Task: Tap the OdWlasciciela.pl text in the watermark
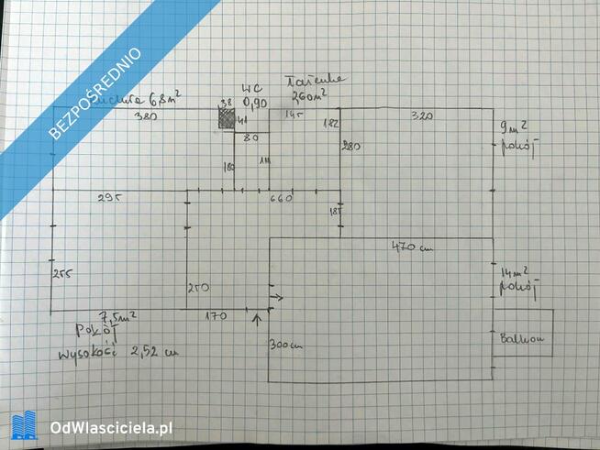(x=112, y=427)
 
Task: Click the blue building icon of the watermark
(x=24, y=426)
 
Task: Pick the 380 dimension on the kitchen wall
(x=144, y=116)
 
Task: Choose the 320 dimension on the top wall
(x=421, y=115)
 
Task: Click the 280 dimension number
(x=349, y=146)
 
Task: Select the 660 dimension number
(x=280, y=198)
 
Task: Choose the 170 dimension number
(x=216, y=316)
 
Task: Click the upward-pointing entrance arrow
(x=256, y=320)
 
